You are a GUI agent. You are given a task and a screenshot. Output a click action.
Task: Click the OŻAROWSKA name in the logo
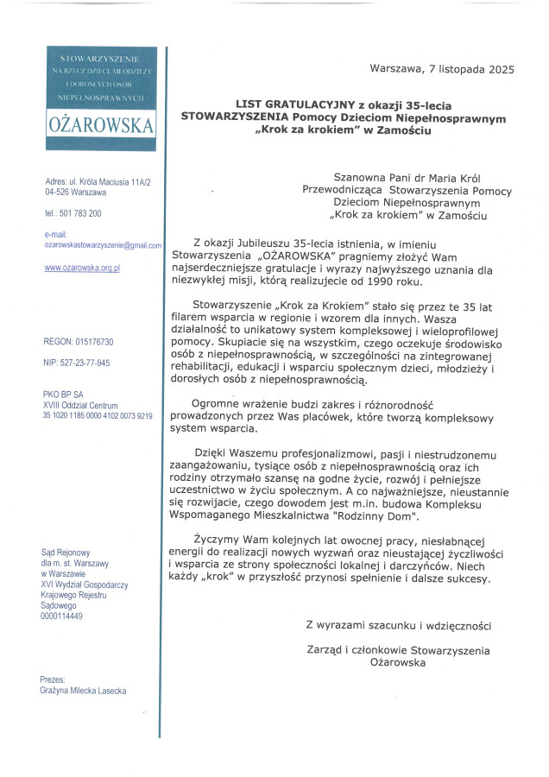[101, 124]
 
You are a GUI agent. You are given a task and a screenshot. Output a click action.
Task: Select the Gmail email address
[103, 245]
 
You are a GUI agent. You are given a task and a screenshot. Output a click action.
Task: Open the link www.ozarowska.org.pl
[82, 268]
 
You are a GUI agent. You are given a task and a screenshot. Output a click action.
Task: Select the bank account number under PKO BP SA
[98, 416]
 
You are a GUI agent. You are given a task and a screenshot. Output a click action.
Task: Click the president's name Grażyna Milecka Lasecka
[83, 691]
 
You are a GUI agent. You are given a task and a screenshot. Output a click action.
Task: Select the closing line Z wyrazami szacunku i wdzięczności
[398, 625]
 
